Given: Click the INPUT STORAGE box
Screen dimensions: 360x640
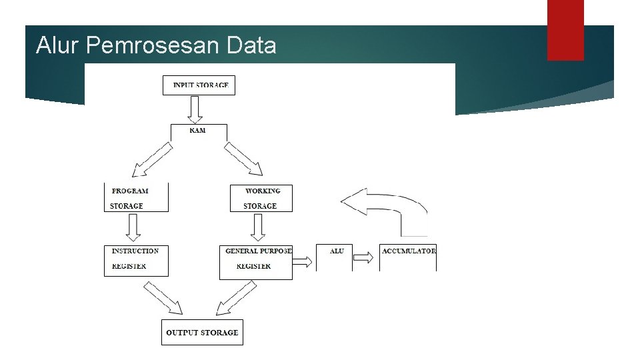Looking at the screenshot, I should pyautogui.click(x=199, y=85).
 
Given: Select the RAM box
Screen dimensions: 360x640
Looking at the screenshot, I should pyautogui.click(x=199, y=131).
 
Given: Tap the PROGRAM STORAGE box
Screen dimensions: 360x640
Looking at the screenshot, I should pyautogui.click(x=136, y=198).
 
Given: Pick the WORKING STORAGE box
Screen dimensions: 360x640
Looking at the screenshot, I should pyautogui.click(x=261, y=198).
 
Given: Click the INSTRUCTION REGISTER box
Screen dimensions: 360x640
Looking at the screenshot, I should pyautogui.click(x=136, y=260).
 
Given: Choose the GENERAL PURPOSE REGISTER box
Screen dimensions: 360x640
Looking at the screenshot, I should pyautogui.click(x=256, y=261).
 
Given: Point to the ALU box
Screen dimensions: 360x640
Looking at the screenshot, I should pyautogui.click(x=334, y=258).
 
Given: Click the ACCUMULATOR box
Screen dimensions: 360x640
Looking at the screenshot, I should pyautogui.click(x=408, y=258).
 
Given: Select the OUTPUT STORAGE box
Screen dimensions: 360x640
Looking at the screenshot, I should pyautogui.click(x=202, y=332).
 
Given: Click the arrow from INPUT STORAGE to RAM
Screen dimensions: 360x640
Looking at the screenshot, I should pyautogui.click(x=195, y=109).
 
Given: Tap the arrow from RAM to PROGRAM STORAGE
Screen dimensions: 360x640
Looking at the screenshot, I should pyautogui.click(x=153, y=160).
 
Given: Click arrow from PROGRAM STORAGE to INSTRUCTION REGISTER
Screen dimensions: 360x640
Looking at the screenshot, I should pyautogui.click(x=133, y=228).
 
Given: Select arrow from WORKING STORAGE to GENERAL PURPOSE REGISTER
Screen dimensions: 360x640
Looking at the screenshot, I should pyautogui.click(x=258, y=228).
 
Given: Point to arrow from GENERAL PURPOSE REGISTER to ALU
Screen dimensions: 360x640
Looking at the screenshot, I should pyautogui.click(x=302, y=261).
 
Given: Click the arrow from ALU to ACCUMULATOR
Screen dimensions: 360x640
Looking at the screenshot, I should pyautogui.click(x=364, y=257).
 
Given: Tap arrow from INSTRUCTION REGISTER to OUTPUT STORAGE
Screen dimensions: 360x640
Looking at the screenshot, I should pyautogui.click(x=163, y=297).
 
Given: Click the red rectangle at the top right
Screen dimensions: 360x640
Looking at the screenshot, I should pyautogui.click(x=565, y=29).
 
